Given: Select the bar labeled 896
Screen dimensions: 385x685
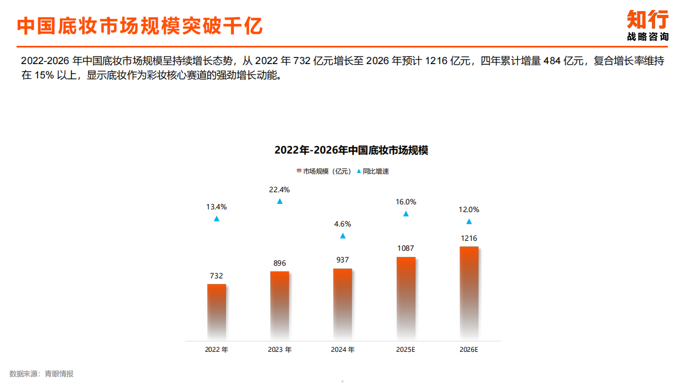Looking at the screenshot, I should pyautogui.click(x=280, y=305).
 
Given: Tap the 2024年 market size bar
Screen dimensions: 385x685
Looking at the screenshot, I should pyautogui.click(x=342, y=303).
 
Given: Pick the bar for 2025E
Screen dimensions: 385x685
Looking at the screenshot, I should pyautogui.click(x=406, y=298).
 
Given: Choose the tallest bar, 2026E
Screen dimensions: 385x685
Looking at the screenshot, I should pyautogui.click(x=469, y=292).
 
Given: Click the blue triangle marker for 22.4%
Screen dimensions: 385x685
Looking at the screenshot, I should pyautogui.click(x=280, y=201).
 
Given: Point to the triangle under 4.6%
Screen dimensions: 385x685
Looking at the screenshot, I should pyautogui.click(x=342, y=236).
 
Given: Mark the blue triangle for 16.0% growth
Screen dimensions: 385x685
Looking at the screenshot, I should pyautogui.click(x=406, y=214).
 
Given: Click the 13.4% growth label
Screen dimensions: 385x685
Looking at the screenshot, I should pyautogui.click(x=217, y=207).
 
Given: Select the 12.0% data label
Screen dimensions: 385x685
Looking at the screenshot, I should pyautogui.click(x=469, y=209).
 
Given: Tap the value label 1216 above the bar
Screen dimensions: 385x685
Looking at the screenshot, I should pyautogui.click(x=469, y=238).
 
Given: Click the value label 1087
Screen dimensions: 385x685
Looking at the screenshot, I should pyautogui.click(x=406, y=249).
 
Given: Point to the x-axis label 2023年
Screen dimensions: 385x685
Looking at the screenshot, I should pyautogui.click(x=280, y=350).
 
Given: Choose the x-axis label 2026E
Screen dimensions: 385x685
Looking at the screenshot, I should pyautogui.click(x=469, y=350).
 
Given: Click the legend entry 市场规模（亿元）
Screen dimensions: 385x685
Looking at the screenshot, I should pyautogui.click(x=324, y=171).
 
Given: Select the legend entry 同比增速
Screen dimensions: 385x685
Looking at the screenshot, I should pyautogui.click(x=373, y=171).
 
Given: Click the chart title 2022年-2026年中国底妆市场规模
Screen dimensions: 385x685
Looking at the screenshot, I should pyautogui.click(x=351, y=150).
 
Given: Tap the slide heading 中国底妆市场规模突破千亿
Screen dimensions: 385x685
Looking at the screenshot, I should pyautogui.click(x=140, y=25).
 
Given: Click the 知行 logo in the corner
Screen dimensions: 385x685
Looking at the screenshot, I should pyautogui.click(x=647, y=25).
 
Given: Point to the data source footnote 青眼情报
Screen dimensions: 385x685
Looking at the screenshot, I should pyautogui.click(x=41, y=374).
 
